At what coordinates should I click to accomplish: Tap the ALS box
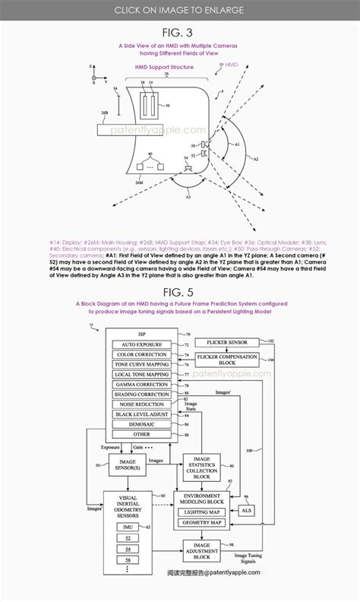pyautogui.click(x=246, y=512)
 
